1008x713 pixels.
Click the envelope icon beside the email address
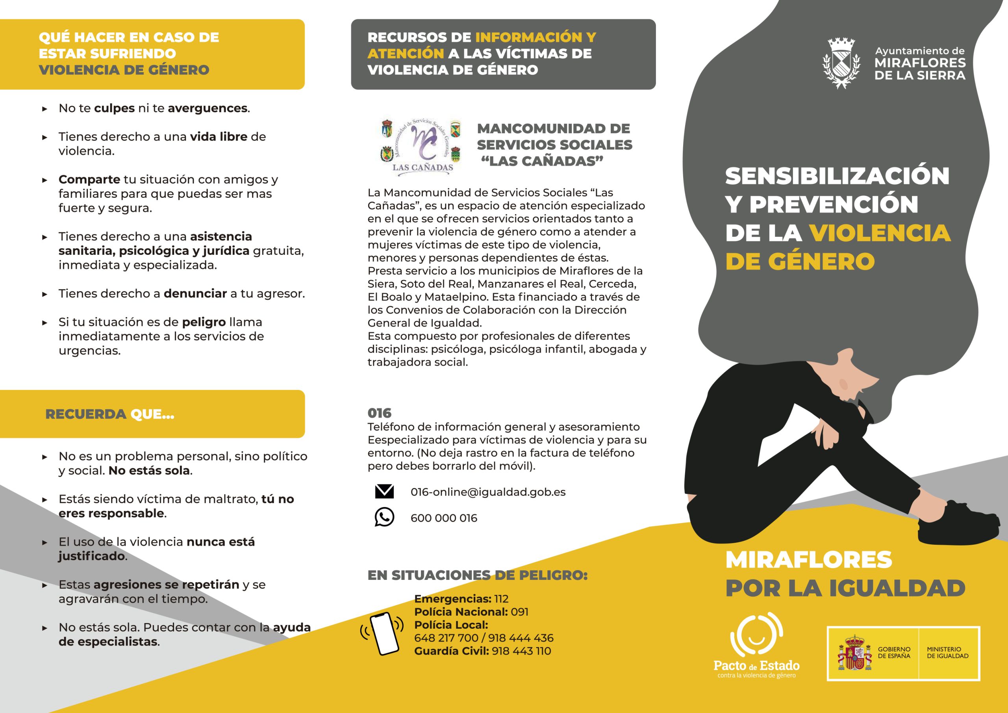coord(384,492)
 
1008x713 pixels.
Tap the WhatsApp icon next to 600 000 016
coord(384,517)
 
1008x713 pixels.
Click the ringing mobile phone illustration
coord(382,633)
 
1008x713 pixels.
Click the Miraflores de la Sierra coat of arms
coord(841,63)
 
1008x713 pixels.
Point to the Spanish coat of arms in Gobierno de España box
coord(854,653)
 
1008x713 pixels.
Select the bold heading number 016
coord(379,413)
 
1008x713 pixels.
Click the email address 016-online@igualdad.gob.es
coord(488,492)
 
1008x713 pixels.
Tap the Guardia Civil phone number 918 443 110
coord(521,651)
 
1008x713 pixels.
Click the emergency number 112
coord(501,599)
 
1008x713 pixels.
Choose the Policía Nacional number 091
coord(519,612)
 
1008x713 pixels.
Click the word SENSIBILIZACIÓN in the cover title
coord(837,176)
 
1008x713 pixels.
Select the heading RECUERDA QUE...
coord(110,414)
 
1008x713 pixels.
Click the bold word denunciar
coord(195,293)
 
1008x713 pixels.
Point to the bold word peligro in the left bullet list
coord(204,322)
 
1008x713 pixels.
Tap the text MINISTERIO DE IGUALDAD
coord(947,652)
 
